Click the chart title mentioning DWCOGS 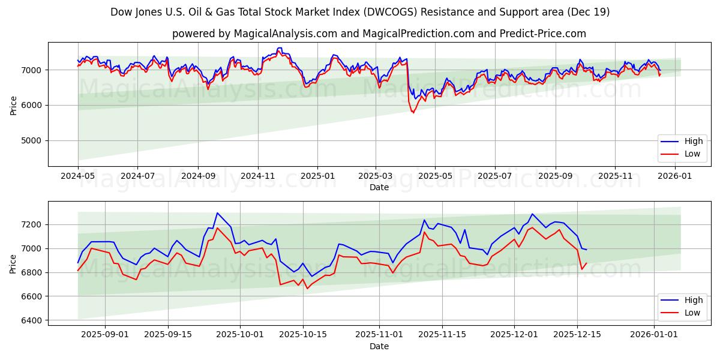360,12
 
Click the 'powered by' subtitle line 379,34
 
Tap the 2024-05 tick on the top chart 78,176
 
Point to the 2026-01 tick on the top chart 675,176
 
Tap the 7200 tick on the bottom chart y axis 31,224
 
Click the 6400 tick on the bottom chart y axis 31,320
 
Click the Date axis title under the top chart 379,187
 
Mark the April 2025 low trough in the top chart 413,113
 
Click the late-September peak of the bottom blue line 217,213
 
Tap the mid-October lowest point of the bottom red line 308,289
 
